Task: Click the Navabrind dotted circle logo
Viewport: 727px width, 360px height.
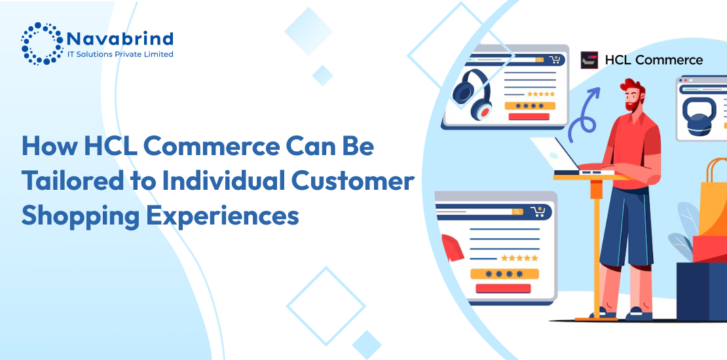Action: (42, 43)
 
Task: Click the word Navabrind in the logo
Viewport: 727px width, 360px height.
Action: (120, 38)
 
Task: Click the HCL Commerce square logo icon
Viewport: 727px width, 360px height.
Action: (589, 60)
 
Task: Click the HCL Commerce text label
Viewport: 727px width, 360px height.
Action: (654, 60)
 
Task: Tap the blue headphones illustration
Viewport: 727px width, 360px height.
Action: (472, 94)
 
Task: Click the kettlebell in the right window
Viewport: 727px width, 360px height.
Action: (696, 116)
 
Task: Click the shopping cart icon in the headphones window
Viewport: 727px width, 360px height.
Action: (555, 60)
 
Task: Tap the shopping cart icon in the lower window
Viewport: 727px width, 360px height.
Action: (538, 211)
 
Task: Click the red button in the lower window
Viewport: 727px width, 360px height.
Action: (503, 288)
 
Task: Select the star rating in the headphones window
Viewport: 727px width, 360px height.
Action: (540, 94)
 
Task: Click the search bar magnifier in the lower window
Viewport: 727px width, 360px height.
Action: (517, 211)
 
